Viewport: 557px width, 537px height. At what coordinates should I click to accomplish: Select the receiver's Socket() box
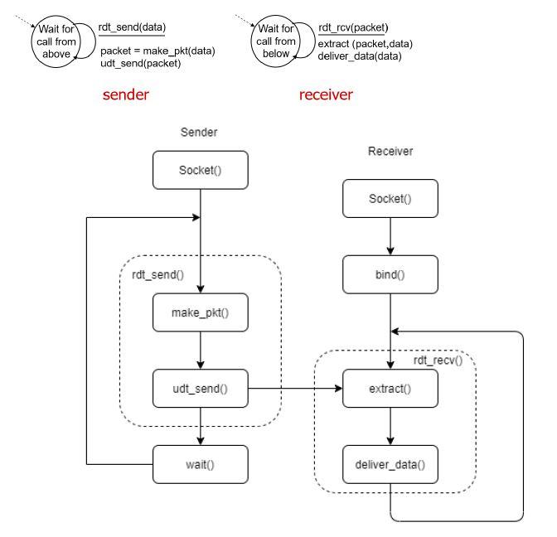point(390,200)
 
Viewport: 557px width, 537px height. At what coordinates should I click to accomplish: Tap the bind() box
point(390,274)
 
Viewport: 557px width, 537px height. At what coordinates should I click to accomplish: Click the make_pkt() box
point(200,312)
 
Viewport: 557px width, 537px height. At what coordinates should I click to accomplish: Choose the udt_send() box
point(200,387)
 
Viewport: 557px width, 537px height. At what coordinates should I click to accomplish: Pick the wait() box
point(200,464)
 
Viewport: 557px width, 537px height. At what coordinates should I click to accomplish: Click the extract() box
point(390,387)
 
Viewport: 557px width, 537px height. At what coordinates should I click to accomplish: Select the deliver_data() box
point(390,464)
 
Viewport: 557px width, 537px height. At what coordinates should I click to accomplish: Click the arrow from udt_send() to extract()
point(294,387)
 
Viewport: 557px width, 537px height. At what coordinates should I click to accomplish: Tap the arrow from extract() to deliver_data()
point(390,426)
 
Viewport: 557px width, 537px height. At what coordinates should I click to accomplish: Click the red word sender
point(125,94)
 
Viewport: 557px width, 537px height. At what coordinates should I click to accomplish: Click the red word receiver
point(326,94)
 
